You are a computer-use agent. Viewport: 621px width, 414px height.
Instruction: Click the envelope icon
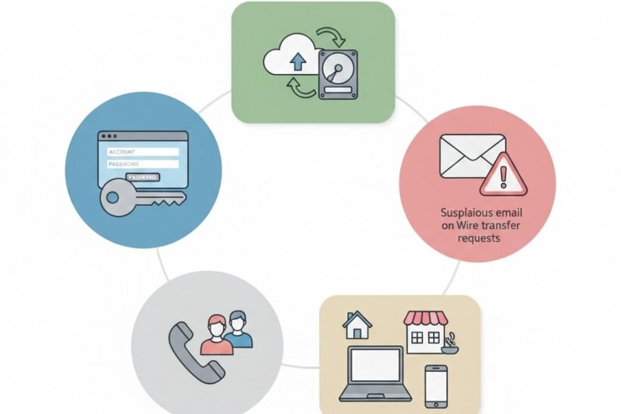pos(472,156)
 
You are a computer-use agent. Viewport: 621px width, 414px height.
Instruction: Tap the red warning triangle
pos(504,176)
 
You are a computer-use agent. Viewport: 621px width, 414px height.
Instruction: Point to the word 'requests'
pos(479,238)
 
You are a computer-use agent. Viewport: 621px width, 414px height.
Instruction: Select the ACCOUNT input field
pos(143,151)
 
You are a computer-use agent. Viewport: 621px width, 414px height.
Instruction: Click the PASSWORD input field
pos(143,165)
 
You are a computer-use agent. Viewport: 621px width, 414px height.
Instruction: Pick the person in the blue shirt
pos(238,331)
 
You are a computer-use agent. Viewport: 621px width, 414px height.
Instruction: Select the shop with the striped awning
pos(423,330)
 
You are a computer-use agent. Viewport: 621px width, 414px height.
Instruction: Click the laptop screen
pos(375,366)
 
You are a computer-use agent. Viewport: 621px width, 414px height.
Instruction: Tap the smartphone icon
pos(435,385)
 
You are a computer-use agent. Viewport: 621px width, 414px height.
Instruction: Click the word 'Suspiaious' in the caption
pos(458,213)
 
